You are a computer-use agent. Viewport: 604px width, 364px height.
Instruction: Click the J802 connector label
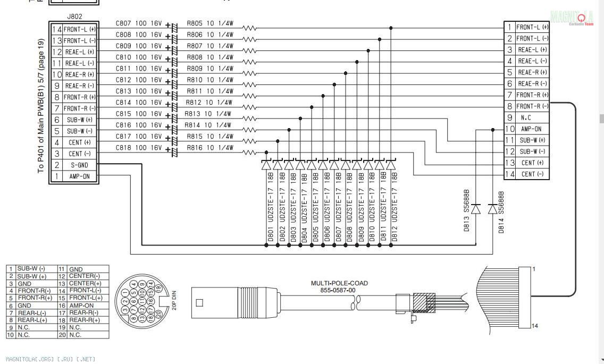pos(75,17)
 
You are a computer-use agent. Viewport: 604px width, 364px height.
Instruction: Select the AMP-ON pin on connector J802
pos(79,176)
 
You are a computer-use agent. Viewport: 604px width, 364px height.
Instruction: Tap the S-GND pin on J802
pos(79,165)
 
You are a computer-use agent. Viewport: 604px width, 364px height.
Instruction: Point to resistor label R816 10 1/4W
pos(210,148)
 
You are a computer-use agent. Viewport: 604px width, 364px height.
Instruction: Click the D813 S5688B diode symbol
pos(476,209)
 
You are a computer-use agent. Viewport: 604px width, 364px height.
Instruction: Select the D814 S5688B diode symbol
pos(492,209)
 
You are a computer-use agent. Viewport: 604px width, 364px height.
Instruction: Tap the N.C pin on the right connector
pos(526,117)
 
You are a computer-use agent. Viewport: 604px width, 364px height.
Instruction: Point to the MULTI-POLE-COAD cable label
pos(339,283)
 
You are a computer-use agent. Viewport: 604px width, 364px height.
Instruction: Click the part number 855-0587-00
pos(339,290)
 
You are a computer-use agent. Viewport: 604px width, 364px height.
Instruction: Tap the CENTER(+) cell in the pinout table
pos(86,283)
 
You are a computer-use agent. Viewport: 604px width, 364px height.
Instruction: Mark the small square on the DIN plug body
pos(199,303)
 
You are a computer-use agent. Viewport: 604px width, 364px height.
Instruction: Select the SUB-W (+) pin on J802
pos(79,120)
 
